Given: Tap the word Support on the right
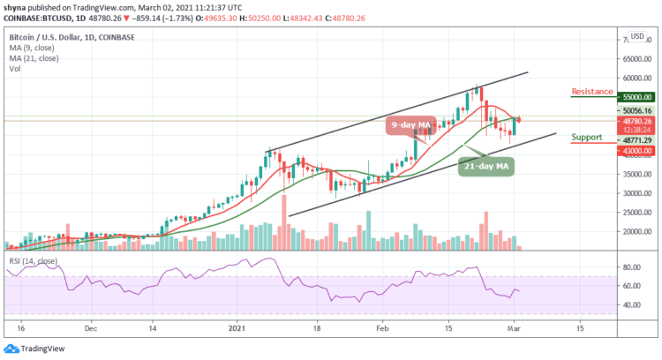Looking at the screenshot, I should [585, 138].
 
